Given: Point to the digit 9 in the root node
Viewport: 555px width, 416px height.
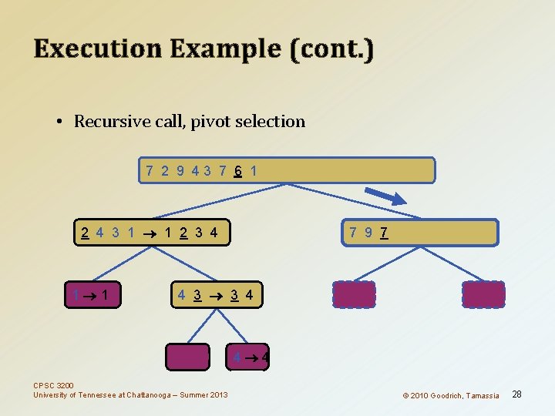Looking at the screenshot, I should coord(180,170).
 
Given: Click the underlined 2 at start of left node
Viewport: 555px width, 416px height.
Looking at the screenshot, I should coord(83,232).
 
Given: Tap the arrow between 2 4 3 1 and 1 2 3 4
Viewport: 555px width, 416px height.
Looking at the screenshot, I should coord(151,233).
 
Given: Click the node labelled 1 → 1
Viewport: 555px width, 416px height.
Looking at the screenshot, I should coord(96,294).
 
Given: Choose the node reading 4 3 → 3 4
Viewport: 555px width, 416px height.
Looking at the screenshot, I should coord(216,294).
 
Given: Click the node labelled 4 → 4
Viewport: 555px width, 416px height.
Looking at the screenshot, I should coord(250,357).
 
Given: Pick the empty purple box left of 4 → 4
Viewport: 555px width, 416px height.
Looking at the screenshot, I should coord(188,357).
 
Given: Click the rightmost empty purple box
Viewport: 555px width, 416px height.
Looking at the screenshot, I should coord(483,294).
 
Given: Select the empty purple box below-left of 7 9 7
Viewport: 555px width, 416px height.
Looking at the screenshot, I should coord(354,294).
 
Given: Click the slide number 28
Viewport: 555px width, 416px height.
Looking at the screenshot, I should coord(517,394).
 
